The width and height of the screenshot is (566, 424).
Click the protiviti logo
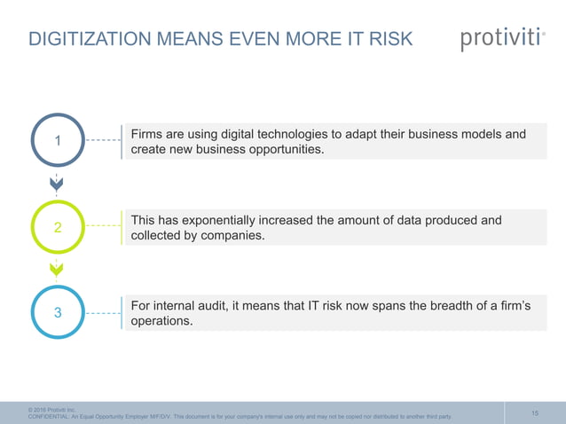502,40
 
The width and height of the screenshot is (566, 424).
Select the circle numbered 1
58,141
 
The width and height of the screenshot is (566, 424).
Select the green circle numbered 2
58,227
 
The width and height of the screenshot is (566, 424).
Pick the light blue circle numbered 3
58,313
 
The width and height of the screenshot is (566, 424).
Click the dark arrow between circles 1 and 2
57,185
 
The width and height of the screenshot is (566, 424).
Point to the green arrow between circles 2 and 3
57,269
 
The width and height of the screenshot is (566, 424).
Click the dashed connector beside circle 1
104,141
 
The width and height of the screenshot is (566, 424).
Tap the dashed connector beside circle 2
104,227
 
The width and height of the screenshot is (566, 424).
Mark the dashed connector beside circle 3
104,313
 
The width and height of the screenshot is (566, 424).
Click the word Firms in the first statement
147,135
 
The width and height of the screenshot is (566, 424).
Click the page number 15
535,412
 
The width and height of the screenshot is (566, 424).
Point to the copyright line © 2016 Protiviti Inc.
52,409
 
